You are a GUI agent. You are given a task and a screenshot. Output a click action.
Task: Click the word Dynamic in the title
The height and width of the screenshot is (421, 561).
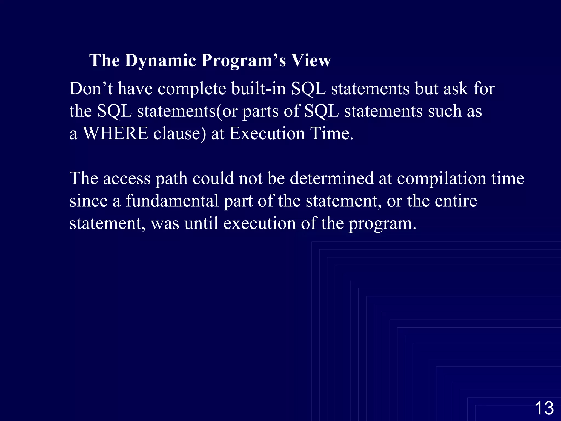[160, 61]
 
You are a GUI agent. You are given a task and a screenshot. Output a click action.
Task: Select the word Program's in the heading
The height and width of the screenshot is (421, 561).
[244, 61]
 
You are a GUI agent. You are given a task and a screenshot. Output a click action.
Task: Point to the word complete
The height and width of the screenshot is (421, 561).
[192, 89]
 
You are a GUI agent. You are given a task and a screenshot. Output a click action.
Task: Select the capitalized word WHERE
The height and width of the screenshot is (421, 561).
[115, 133]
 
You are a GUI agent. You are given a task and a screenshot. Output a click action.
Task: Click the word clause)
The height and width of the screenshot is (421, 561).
[179, 133]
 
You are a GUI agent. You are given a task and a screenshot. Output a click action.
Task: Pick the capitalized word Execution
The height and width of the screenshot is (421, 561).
[267, 133]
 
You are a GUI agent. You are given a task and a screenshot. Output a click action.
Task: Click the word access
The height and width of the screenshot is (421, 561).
[127, 178]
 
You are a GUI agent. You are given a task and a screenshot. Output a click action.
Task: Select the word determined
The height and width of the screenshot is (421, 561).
[332, 178]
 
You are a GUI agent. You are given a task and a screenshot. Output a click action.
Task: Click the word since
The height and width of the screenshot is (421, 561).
[88, 201]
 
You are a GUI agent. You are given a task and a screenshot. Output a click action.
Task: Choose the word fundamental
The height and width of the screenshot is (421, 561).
[172, 201]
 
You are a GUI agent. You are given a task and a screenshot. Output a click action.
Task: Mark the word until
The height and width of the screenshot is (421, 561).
[201, 223]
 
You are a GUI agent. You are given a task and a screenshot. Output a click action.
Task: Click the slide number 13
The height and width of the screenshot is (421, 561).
[544, 408]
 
